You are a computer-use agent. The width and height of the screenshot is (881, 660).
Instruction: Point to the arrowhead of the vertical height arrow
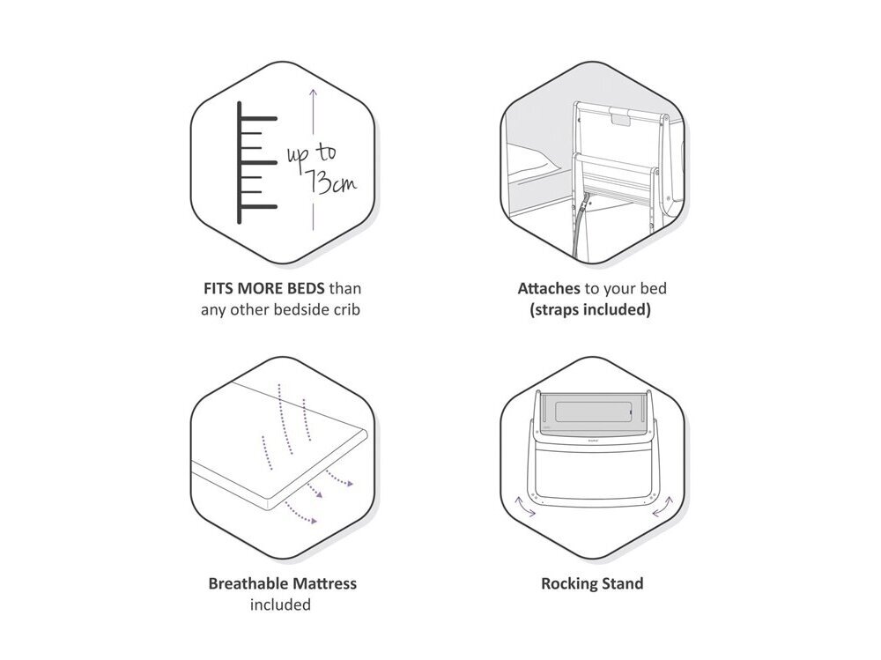pyautogui.click(x=313, y=93)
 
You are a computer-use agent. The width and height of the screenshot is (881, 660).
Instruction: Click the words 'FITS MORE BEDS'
pyautogui.click(x=263, y=288)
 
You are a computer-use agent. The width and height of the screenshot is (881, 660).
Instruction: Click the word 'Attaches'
pyautogui.click(x=548, y=288)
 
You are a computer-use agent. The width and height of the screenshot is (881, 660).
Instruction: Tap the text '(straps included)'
pyautogui.click(x=590, y=310)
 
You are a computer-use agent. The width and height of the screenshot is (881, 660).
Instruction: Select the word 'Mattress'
pyautogui.click(x=321, y=583)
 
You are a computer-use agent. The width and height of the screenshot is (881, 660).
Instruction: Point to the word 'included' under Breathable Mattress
pyautogui.click(x=280, y=604)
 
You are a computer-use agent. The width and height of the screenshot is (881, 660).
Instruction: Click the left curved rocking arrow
pyautogui.click(x=525, y=506)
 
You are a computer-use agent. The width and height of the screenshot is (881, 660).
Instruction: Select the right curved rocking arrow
pyautogui.click(x=662, y=507)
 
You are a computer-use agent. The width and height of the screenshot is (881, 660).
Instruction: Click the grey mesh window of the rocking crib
pyautogui.click(x=593, y=412)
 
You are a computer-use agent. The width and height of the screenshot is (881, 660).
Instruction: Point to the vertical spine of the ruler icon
pyautogui.click(x=240, y=162)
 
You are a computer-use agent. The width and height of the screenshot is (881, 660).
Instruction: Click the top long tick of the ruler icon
pyautogui.click(x=258, y=119)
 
